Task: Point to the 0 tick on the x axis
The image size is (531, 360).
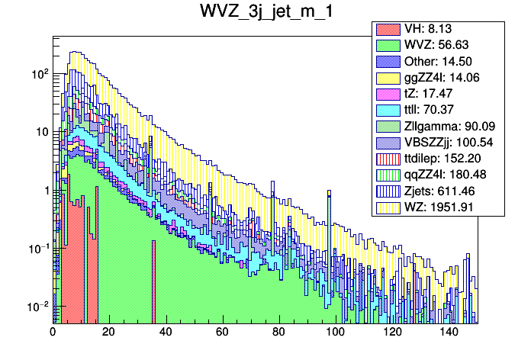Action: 53,333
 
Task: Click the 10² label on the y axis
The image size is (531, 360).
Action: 38,74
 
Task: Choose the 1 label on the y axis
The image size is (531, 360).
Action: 44,190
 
